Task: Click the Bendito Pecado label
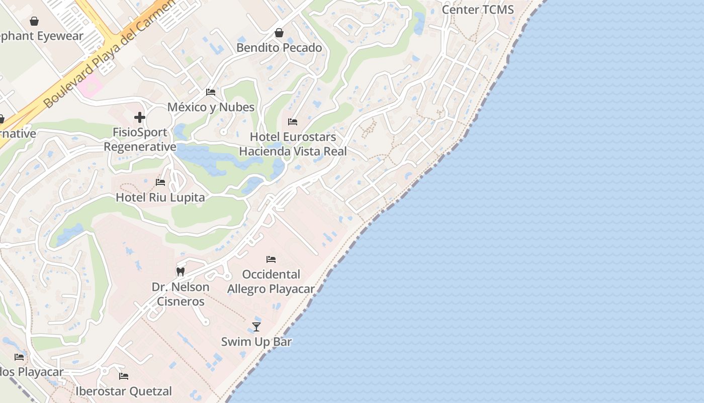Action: click(x=279, y=48)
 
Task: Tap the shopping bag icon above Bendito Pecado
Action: click(x=279, y=33)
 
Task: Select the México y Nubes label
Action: click(x=211, y=107)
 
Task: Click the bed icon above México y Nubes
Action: click(x=211, y=92)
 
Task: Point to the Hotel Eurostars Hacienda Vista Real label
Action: click(x=293, y=144)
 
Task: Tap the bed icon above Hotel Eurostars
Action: click(x=293, y=122)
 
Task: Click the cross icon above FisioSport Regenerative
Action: click(x=140, y=118)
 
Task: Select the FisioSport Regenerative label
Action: click(x=140, y=140)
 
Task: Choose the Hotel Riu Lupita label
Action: click(x=160, y=197)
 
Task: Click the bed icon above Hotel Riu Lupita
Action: click(x=160, y=182)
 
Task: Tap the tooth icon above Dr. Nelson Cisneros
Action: click(x=181, y=272)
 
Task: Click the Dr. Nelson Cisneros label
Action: click(x=181, y=294)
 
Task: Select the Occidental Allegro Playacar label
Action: click(x=271, y=282)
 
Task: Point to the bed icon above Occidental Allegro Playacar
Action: click(x=271, y=259)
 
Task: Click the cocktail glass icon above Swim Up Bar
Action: click(x=256, y=327)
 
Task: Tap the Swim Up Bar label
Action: click(x=256, y=342)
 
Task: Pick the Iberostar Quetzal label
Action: click(x=124, y=391)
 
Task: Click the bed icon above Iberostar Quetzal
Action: click(x=124, y=376)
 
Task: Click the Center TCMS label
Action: click(x=478, y=10)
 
